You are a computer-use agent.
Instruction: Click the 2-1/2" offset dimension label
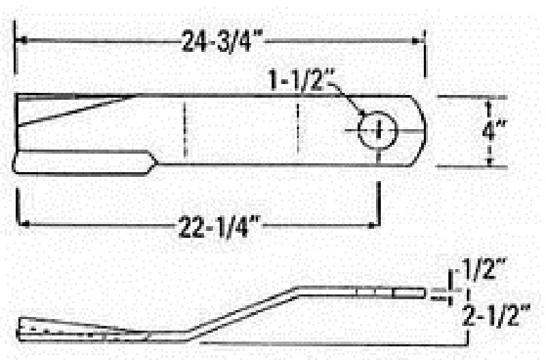click(495, 316)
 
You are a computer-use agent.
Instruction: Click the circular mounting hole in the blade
click(377, 128)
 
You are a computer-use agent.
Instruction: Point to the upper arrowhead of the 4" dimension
click(489, 103)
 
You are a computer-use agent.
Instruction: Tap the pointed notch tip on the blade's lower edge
click(156, 163)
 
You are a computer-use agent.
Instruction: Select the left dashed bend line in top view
click(184, 130)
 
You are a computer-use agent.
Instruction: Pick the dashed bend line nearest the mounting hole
click(298, 130)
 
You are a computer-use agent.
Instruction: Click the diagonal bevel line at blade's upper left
click(75, 111)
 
